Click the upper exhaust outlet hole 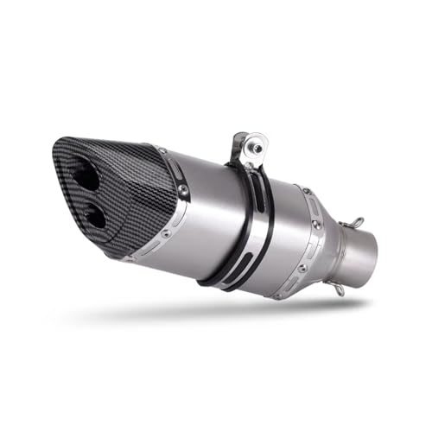pyautogui.click(x=86, y=177)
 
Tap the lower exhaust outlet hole pyautogui.click(x=95, y=216)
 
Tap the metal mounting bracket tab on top pyautogui.click(x=245, y=148)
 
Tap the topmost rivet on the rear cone pyautogui.click(x=305, y=189)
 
